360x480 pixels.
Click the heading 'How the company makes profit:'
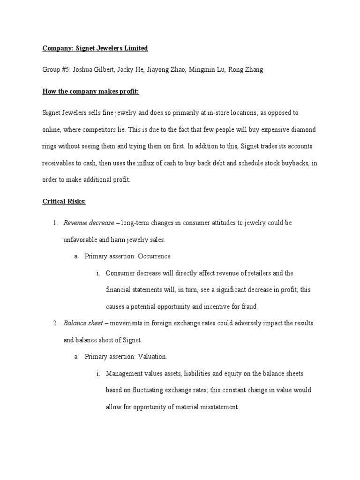pos(91,91)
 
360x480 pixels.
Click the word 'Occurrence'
pos(154,256)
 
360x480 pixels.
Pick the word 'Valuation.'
pos(152,357)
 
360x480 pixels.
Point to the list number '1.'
pos(55,223)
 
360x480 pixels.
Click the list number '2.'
pos(55,323)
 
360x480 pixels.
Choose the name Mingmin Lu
pos(208,69)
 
